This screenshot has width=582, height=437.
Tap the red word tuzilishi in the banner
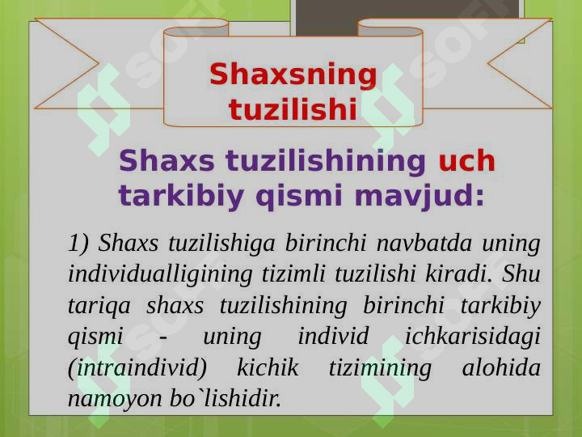(x=293, y=109)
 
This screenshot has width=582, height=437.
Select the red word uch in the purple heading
(x=467, y=160)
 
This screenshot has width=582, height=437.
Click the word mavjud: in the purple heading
(x=420, y=197)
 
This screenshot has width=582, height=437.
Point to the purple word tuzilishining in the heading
(x=325, y=162)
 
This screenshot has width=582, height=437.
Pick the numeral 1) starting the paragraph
(x=78, y=244)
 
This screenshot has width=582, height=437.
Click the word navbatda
(x=424, y=243)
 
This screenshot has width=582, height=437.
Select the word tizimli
(x=293, y=274)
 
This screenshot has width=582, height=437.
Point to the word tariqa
(x=99, y=307)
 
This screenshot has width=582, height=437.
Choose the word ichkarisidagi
(x=472, y=337)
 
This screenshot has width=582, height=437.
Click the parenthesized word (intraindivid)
(x=137, y=368)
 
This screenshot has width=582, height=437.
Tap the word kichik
(x=268, y=367)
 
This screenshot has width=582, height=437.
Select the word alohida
(x=501, y=367)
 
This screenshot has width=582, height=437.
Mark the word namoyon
(x=115, y=400)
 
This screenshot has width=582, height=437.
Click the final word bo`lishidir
(x=226, y=398)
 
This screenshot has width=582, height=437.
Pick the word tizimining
(x=380, y=369)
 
